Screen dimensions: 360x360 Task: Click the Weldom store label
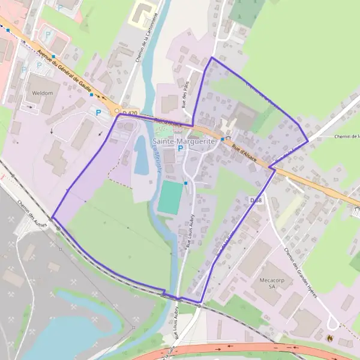click(x=41, y=93)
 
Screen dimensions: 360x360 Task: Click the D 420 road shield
click(x=130, y=113)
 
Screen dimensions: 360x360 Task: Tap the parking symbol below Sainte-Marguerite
click(x=179, y=148)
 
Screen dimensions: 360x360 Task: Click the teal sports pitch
click(x=170, y=197)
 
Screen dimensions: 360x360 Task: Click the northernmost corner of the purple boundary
click(x=211, y=58)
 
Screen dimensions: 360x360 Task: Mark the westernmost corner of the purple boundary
click(x=53, y=217)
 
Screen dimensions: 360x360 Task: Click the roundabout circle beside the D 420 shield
click(x=116, y=110)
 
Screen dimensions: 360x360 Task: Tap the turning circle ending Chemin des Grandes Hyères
click(x=332, y=324)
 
